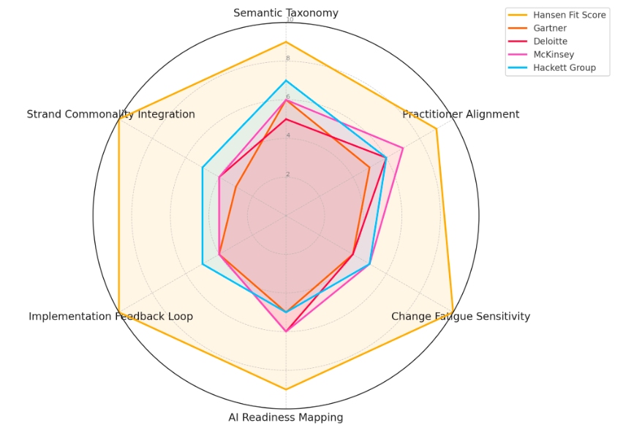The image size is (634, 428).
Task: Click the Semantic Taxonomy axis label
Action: tap(286, 13)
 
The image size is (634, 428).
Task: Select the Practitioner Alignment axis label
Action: tap(461, 114)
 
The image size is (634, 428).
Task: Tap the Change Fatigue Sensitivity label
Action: tap(461, 317)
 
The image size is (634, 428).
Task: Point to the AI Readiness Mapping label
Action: tap(286, 418)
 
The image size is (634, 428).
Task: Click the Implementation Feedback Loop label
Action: tap(111, 317)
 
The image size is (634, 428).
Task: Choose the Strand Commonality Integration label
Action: tap(111, 114)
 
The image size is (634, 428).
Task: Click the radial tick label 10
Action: tap(290, 20)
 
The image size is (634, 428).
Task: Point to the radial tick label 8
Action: tap(288, 59)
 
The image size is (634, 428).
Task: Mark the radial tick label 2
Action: tap(288, 174)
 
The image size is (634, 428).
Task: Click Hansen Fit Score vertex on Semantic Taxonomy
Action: tap(286, 42)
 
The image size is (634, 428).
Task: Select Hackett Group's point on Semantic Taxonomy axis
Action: tap(286, 80)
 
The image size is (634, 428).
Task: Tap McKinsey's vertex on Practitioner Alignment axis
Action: tap(403, 149)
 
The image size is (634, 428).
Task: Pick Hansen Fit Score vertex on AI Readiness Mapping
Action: tap(286, 389)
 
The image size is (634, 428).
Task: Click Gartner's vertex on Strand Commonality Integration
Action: tap(235, 187)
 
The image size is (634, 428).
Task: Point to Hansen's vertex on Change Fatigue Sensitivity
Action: tap(453, 312)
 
